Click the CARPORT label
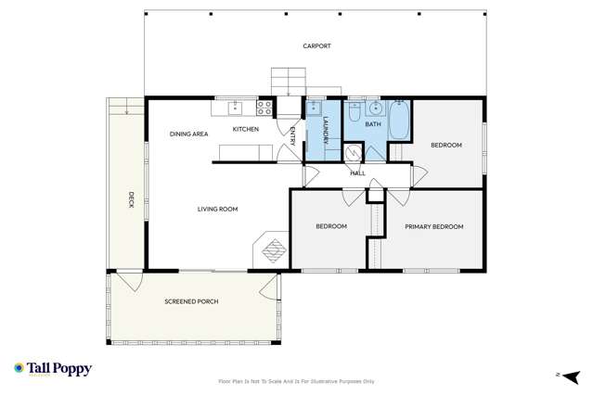(x=316, y=46)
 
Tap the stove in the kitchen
(x=264, y=107)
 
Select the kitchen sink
(x=235, y=107)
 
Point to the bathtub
(x=398, y=121)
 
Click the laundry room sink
(x=314, y=107)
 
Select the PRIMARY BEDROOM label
(x=433, y=226)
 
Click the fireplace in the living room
(x=272, y=248)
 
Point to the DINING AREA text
(x=188, y=134)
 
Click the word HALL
(x=357, y=173)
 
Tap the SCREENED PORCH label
(x=191, y=302)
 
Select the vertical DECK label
(x=132, y=198)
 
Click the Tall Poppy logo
(x=53, y=369)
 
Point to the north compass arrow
(x=563, y=374)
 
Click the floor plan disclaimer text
(x=296, y=381)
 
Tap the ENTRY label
(x=293, y=136)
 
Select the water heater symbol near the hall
(x=353, y=154)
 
